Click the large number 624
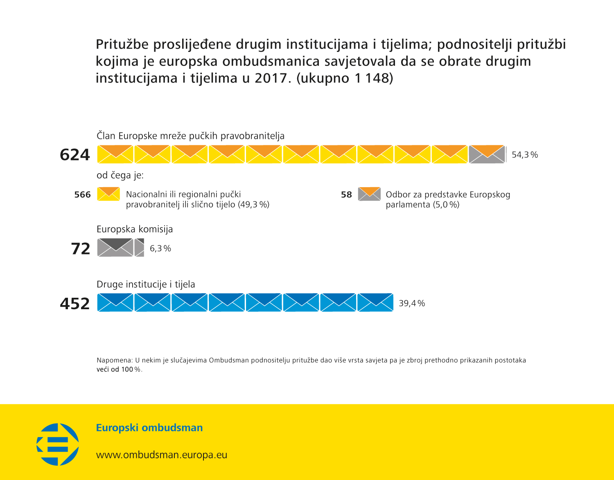[x=74, y=155]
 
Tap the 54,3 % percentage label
[x=524, y=155]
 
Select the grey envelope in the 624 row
[x=487, y=154]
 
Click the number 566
[x=82, y=195]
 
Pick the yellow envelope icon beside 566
[x=108, y=194]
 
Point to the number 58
[x=346, y=195]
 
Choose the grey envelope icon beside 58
[x=369, y=194]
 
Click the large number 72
[x=80, y=249]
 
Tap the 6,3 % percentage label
[x=160, y=249]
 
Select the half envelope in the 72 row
[x=140, y=248]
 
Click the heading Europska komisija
[x=135, y=229]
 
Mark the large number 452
[x=74, y=303]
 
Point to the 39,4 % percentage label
[x=411, y=303]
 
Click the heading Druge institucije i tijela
[x=146, y=284]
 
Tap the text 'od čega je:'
[x=120, y=175]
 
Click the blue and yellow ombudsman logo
[x=58, y=444]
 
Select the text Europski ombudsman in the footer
[x=149, y=428]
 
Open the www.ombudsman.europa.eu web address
[x=161, y=455]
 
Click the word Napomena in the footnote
[x=114, y=360]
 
